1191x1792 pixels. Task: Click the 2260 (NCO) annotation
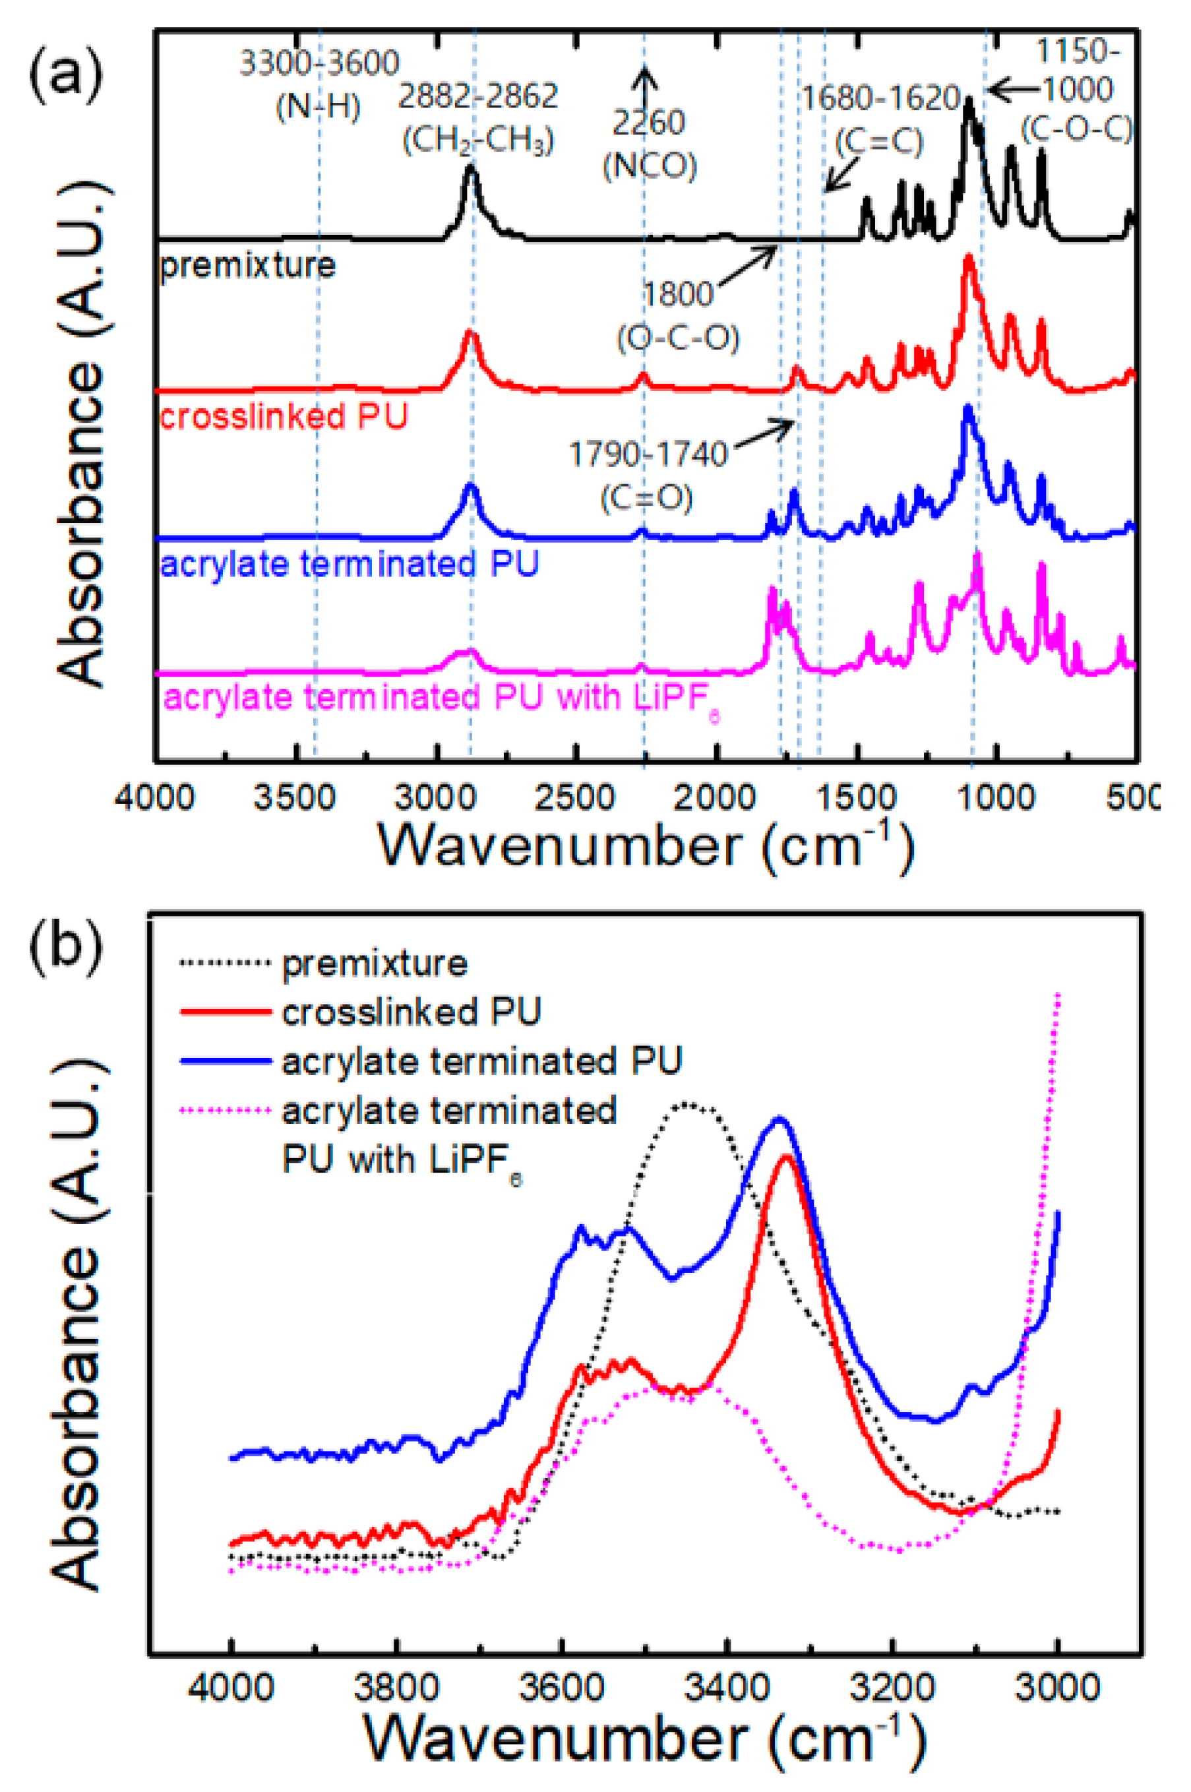point(650,144)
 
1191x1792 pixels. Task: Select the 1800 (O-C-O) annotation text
point(679,315)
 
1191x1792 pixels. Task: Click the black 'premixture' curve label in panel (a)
point(247,266)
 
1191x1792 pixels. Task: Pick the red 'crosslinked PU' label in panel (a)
point(284,416)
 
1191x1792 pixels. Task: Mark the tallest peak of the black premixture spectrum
point(969,102)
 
